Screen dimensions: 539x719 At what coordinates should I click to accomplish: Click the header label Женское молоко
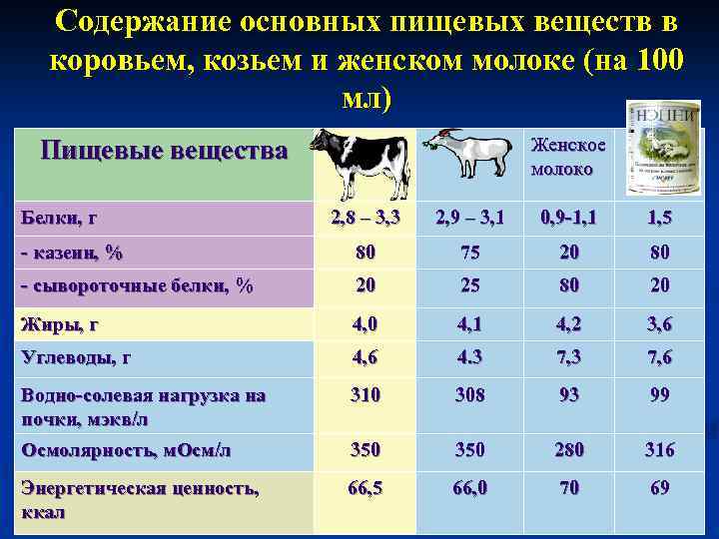[567, 157]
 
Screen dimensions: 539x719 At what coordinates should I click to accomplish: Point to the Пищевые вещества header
[164, 152]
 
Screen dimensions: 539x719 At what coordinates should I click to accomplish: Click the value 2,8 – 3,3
[365, 216]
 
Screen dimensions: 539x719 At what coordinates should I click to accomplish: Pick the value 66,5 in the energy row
[365, 488]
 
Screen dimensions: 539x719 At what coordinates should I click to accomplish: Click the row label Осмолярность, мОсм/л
[127, 450]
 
